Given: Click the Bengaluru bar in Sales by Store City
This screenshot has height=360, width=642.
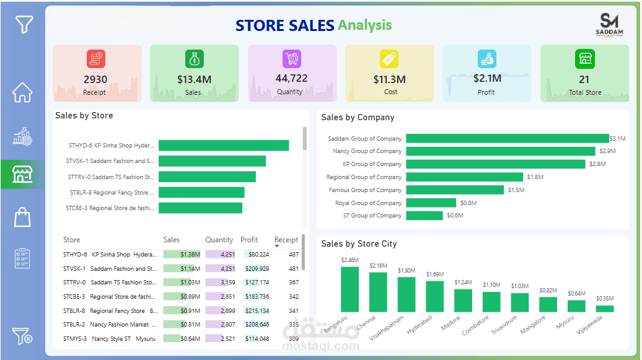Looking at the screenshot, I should pyautogui.click(x=350, y=289).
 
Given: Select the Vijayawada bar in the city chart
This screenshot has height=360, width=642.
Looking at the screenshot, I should pyautogui.click(x=605, y=308).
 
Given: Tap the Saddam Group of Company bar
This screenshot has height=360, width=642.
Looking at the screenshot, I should pyautogui.click(x=507, y=138).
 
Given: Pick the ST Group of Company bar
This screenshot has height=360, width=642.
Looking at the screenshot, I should pyautogui.click(x=424, y=216).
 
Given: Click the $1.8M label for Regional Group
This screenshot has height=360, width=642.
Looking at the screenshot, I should pyautogui.click(x=535, y=177).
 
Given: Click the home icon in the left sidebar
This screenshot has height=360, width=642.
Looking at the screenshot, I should pyautogui.click(x=22, y=92).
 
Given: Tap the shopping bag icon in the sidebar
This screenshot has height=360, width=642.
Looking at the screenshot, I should pyautogui.click(x=22, y=217).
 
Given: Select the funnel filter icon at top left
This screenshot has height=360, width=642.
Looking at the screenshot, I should pyautogui.click(x=24, y=24).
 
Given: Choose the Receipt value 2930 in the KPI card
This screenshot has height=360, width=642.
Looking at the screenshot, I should pyautogui.click(x=95, y=79).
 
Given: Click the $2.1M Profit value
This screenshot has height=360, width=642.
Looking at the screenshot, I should pyautogui.click(x=487, y=79).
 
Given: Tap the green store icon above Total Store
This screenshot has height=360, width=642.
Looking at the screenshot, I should pyautogui.click(x=584, y=59).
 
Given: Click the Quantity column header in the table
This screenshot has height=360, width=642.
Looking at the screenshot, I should pyautogui.click(x=219, y=240).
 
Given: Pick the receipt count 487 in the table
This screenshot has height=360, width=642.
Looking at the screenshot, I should pyautogui.click(x=293, y=255).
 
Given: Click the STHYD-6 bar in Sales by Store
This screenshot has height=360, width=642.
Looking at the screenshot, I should pyautogui.click(x=224, y=146).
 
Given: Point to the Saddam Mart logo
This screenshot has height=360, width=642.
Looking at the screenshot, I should pyautogui.click(x=610, y=25).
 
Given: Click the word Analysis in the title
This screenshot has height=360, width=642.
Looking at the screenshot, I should pyautogui.click(x=364, y=25).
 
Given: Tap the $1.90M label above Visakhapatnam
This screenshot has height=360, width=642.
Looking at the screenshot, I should pyautogui.click(x=407, y=271).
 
